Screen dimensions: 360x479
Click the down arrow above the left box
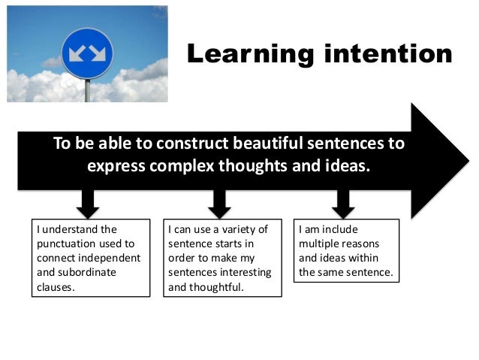pyautogui.click(x=87, y=201)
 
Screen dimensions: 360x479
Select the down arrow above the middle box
pyautogui.click(x=219, y=201)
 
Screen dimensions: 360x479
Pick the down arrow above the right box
pyautogui.click(x=343, y=201)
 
